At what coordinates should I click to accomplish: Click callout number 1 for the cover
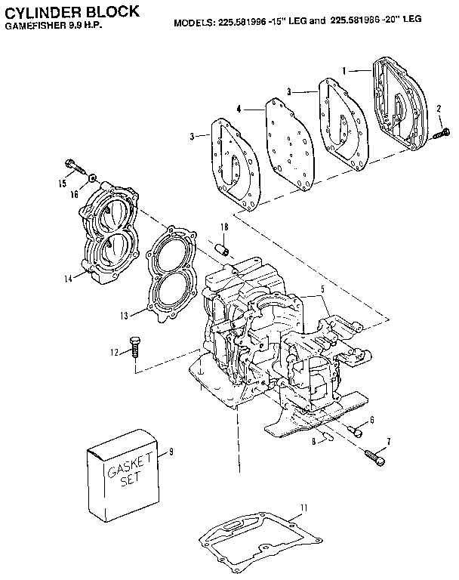click(344, 69)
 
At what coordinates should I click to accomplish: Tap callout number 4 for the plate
click(239, 110)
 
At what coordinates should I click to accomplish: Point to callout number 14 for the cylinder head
click(67, 278)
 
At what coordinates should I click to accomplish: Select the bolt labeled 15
click(73, 164)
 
